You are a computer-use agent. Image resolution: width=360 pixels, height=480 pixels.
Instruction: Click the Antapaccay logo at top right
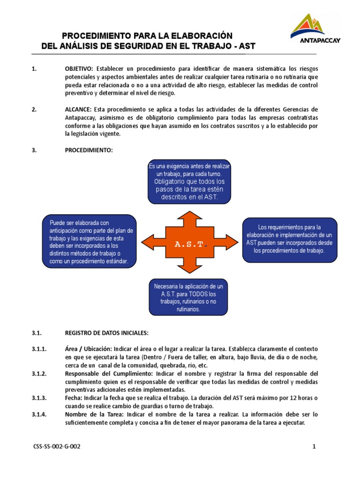tap(315, 29)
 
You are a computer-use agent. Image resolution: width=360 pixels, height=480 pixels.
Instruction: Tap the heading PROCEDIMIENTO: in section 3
tap(89, 150)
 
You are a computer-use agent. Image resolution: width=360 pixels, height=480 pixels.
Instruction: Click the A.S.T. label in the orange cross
tap(190, 244)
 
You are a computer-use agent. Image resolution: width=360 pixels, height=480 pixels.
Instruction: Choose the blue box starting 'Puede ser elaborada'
tap(89, 241)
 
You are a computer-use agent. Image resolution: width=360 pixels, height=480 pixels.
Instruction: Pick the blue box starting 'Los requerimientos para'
tap(289, 239)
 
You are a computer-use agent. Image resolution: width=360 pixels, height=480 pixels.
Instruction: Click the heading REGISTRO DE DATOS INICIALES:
tap(106, 333)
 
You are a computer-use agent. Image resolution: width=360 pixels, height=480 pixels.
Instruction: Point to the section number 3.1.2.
tap(39, 374)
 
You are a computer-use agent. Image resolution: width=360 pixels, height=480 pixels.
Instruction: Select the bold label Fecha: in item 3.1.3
tap(73, 398)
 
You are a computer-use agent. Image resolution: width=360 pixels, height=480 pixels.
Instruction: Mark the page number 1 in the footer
tap(315, 447)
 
